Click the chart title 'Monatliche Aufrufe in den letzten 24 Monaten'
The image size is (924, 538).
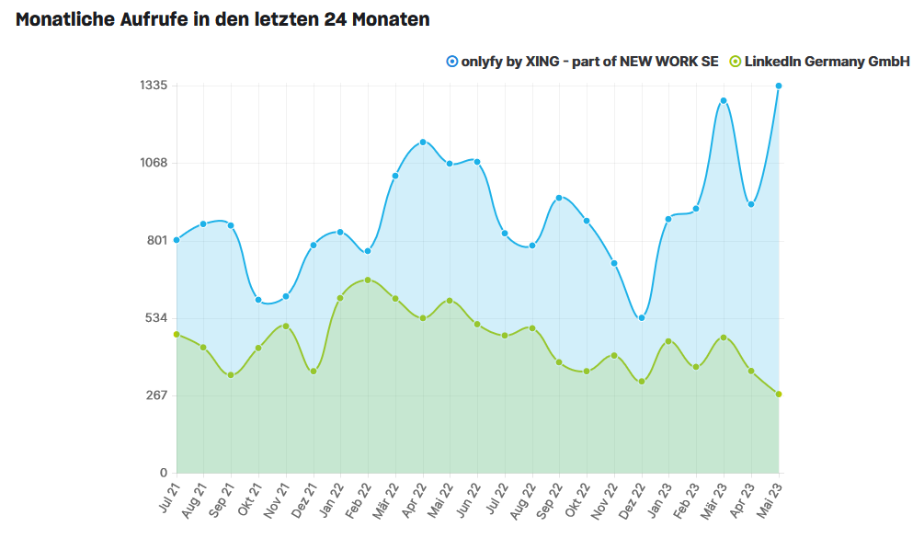click(x=222, y=19)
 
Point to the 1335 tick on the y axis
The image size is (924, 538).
click(x=153, y=86)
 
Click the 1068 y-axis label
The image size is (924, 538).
click(x=153, y=163)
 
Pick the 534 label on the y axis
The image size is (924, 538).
click(x=156, y=318)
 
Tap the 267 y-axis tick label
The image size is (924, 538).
click(x=156, y=395)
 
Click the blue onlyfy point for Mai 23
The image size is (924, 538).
click(x=779, y=86)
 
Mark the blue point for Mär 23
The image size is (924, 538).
click(x=724, y=100)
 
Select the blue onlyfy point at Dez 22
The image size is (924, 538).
click(x=642, y=318)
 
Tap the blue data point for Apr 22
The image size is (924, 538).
click(x=423, y=142)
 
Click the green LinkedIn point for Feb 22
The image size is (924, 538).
click(x=368, y=280)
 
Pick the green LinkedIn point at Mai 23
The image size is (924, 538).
click(x=779, y=395)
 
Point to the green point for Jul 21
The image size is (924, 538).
click(x=177, y=334)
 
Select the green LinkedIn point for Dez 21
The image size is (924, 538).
click(x=314, y=371)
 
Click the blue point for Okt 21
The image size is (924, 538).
click(x=258, y=300)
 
